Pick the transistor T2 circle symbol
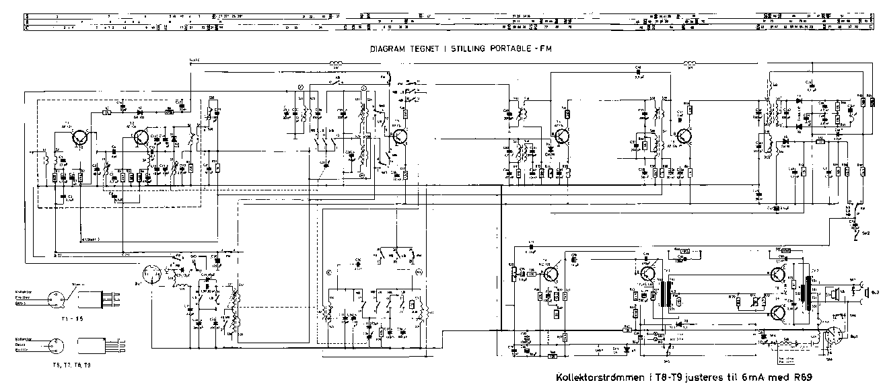pos(141,137)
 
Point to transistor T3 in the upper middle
pos(400,135)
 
